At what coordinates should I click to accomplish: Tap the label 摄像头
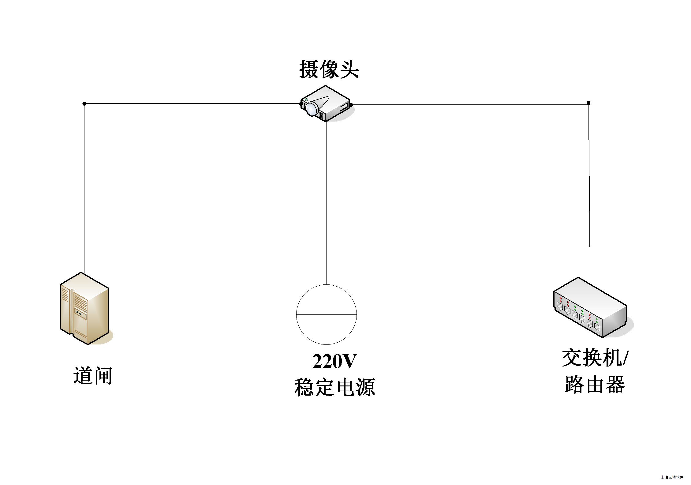click(329, 69)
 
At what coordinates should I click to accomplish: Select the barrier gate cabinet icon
click(84, 308)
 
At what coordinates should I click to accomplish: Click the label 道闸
click(93, 376)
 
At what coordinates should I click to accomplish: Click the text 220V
click(334, 362)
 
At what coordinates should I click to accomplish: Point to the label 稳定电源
click(334, 387)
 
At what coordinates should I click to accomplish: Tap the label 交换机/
click(595, 358)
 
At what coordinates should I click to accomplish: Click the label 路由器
click(595, 384)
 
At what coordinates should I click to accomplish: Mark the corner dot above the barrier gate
click(84, 104)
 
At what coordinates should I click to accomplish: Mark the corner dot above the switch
click(588, 103)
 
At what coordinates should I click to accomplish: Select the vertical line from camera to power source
click(326, 202)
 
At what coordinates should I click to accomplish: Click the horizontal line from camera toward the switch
click(468, 105)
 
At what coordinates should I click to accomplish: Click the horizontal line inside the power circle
click(326, 314)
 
